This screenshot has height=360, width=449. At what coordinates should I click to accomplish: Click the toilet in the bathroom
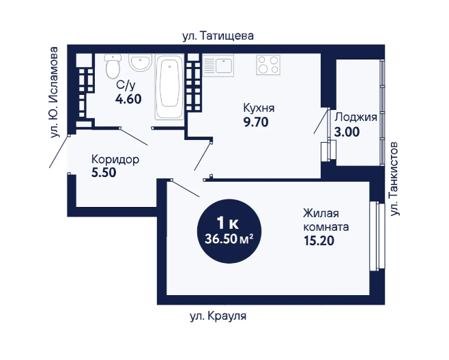[x=113, y=66]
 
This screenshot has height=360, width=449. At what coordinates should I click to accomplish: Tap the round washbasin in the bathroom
[x=140, y=63]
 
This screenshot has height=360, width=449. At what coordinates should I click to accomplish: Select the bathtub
[x=169, y=87]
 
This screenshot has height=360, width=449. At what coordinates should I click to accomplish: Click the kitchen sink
[x=218, y=66]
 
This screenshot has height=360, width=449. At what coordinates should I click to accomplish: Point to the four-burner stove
[x=268, y=65]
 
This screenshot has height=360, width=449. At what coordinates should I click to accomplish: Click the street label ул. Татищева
[x=218, y=36]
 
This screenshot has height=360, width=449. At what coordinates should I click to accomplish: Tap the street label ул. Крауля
[x=218, y=316]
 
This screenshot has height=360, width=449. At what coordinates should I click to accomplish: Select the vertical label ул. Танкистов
[x=394, y=178]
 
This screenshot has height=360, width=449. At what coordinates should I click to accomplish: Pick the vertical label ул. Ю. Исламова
[x=53, y=92]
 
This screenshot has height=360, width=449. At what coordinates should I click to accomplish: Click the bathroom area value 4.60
[x=128, y=99]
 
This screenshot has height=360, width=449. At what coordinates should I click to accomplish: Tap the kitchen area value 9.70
[x=256, y=122]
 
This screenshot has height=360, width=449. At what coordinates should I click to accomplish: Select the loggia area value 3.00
[x=347, y=132]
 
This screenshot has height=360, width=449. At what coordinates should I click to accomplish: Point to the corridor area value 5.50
[x=104, y=172]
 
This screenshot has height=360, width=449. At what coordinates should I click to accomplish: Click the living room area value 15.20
[x=319, y=240]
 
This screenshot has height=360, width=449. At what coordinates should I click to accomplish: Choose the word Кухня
[x=259, y=108]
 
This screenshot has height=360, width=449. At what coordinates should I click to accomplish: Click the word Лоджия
[x=356, y=117]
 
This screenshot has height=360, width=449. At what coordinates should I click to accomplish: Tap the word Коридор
[x=115, y=159]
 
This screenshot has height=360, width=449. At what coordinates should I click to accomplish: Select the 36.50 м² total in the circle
[x=229, y=239]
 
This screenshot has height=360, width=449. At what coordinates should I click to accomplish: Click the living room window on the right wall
[x=377, y=236]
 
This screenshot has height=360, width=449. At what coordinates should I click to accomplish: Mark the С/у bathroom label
[x=126, y=85]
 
